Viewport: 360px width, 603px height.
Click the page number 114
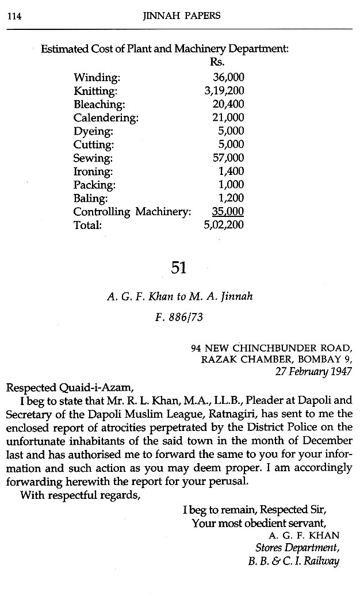[x=14, y=17]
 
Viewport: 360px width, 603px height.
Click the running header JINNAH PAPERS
[x=180, y=17]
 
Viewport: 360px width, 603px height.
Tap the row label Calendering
[x=106, y=118]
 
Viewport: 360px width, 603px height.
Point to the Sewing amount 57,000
[x=228, y=158]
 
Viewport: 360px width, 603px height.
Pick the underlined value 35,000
[x=228, y=211]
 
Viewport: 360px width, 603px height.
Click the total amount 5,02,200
[x=224, y=225]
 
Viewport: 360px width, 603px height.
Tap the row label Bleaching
[x=99, y=104]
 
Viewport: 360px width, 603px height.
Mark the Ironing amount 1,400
[x=231, y=171]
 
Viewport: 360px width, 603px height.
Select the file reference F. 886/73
[x=179, y=316]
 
